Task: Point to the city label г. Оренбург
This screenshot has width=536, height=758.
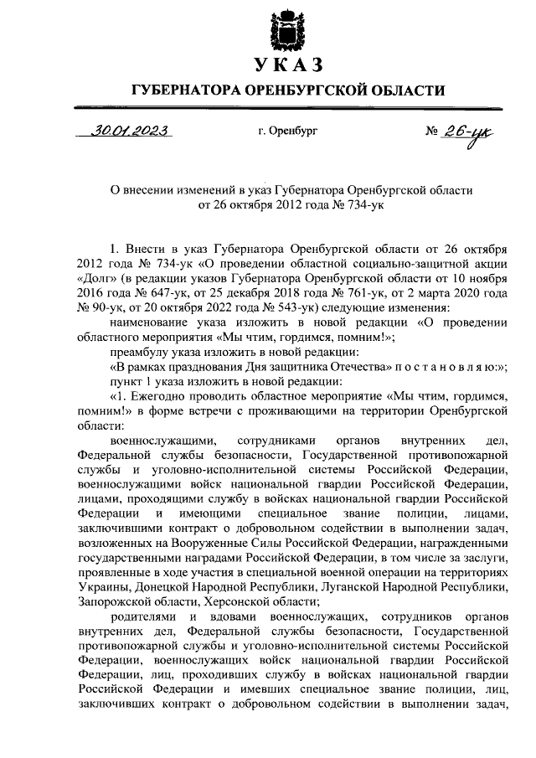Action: pyautogui.click(x=288, y=131)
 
